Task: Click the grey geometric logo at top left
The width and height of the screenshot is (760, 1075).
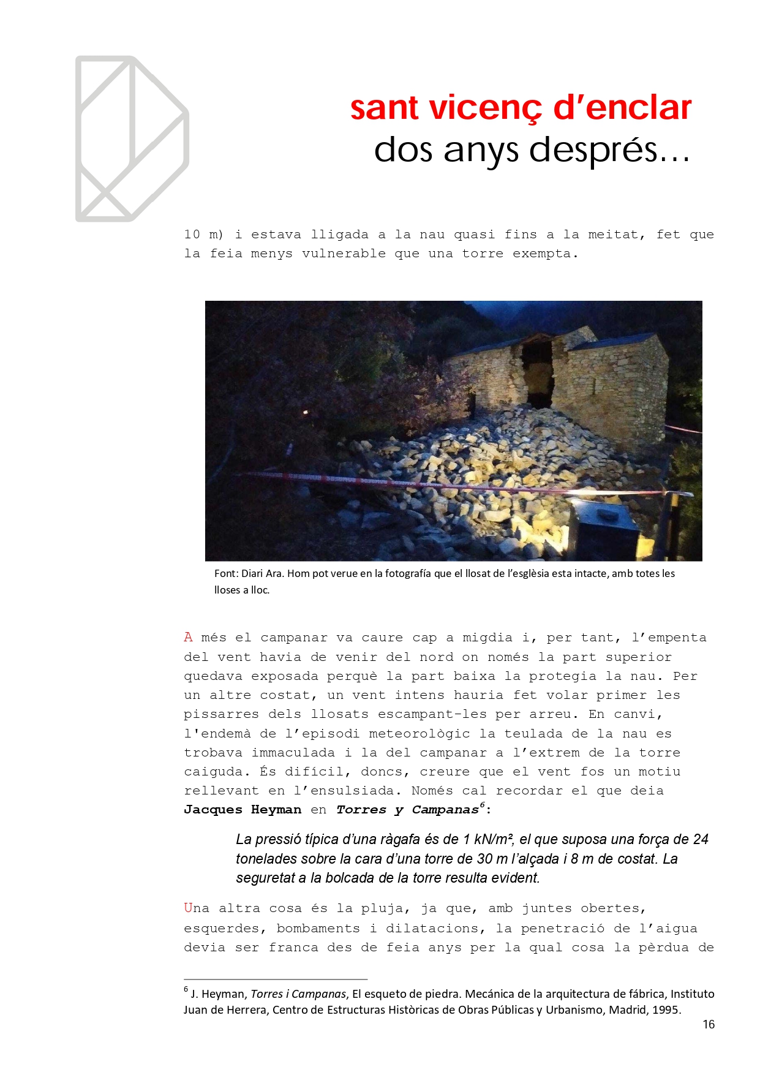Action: pyautogui.click(x=132, y=139)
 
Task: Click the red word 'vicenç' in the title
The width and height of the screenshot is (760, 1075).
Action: pyautogui.click(x=485, y=108)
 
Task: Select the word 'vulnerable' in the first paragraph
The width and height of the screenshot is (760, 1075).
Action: pyautogui.click(x=344, y=254)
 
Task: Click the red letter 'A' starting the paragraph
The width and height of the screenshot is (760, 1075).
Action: pyautogui.click(x=188, y=638)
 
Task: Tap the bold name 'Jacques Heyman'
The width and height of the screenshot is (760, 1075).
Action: pyautogui.click(x=243, y=810)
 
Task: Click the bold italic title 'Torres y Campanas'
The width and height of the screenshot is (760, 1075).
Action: pyautogui.click(x=407, y=810)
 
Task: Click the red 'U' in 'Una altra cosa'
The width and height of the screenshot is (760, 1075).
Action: pyautogui.click(x=188, y=908)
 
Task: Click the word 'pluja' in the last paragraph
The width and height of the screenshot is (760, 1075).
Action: pyautogui.click(x=381, y=908)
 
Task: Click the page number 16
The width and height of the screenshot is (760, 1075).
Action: pyautogui.click(x=709, y=1025)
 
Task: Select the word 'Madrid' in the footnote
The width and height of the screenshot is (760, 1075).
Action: pyautogui.click(x=624, y=1010)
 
